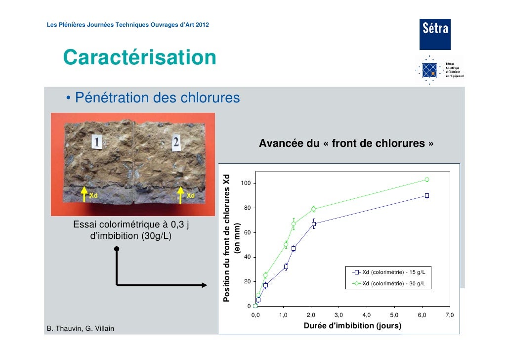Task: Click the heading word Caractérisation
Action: (139, 57)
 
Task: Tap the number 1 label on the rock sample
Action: (97, 143)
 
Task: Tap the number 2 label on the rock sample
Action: (175, 142)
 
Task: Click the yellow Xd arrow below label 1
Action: (85, 194)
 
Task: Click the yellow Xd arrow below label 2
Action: (181, 194)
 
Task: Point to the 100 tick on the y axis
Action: (246, 184)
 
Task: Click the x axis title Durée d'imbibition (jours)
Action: (351, 326)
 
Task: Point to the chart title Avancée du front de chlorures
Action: (346, 144)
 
